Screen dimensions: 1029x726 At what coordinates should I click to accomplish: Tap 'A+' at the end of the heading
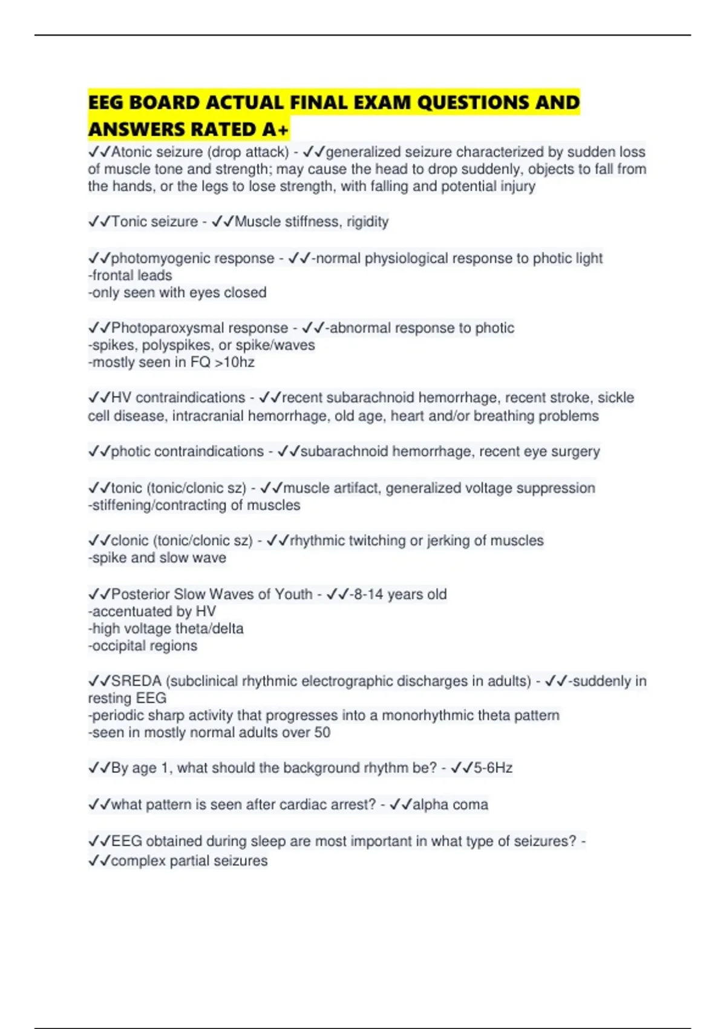pos(276,130)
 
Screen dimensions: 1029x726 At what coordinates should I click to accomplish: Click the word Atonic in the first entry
pos(133,152)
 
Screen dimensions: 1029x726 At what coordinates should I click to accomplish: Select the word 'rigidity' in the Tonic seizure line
pos(367,222)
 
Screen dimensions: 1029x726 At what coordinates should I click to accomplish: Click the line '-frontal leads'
pos(130,275)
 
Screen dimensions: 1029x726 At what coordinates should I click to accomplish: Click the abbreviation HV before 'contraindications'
pos(121,398)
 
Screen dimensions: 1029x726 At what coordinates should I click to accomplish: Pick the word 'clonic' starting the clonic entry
pos(129,541)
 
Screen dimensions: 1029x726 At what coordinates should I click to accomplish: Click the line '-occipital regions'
pos(143,646)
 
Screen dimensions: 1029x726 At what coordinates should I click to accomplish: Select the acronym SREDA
pos(136,681)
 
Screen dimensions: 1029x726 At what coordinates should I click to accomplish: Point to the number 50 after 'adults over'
pos(322,732)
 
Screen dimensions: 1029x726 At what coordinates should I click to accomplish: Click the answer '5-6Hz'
pos(493,768)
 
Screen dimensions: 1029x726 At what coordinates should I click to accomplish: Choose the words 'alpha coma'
pos(450,804)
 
